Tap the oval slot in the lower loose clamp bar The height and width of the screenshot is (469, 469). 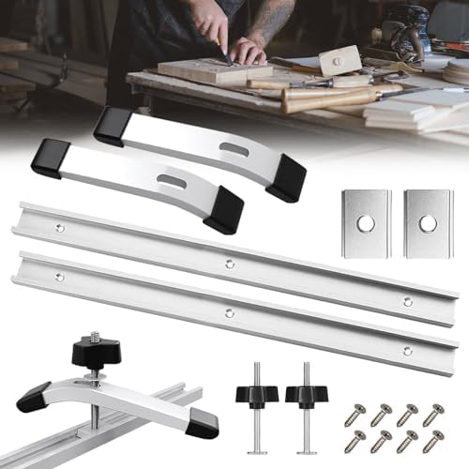[172, 180]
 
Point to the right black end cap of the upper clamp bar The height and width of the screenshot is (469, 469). [286, 178]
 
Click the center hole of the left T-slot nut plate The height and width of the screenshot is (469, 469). [366, 223]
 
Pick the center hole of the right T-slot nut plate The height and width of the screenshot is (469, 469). [428, 223]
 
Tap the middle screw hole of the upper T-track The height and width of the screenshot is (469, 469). [231, 264]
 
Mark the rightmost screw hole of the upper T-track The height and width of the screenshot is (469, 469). [406, 301]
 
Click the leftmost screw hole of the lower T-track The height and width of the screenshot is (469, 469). [58, 276]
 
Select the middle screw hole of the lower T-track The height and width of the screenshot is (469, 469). [229, 312]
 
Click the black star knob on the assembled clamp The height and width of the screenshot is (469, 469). [93, 353]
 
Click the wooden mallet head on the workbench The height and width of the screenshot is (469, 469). [339, 61]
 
